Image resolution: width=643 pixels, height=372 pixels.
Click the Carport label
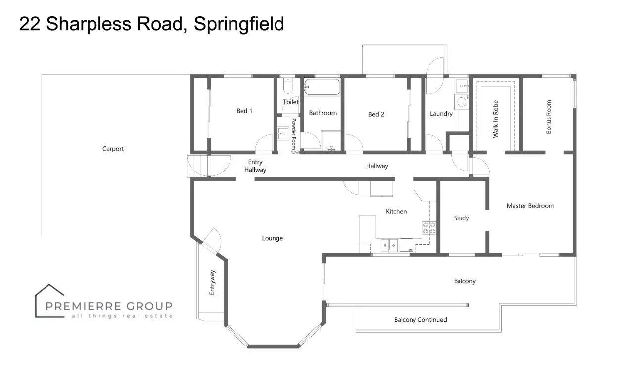pyautogui.click(x=113, y=149)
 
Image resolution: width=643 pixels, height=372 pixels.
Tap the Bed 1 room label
pyautogui.click(x=244, y=111)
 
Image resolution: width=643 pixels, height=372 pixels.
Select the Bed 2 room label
pyautogui.click(x=376, y=115)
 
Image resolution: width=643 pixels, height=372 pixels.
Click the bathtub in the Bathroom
pyautogui.click(x=322, y=87)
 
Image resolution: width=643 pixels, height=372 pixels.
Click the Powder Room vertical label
pyautogui.click(x=294, y=134)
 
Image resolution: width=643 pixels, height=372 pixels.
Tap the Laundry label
pyautogui.click(x=441, y=114)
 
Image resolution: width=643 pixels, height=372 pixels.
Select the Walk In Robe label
pyautogui.click(x=495, y=119)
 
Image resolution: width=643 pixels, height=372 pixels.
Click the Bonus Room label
pyautogui.click(x=549, y=117)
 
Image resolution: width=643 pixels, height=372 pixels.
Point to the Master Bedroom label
pyautogui.click(x=530, y=206)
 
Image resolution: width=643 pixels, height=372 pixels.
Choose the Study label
pyautogui.click(x=461, y=218)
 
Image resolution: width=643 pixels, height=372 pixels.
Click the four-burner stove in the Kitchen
pyautogui.click(x=429, y=228)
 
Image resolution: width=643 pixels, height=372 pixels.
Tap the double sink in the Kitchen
pyautogui.click(x=388, y=245)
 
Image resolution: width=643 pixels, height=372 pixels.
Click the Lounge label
pyautogui.click(x=272, y=238)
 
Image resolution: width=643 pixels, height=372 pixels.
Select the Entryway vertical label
pyautogui.click(x=212, y=282)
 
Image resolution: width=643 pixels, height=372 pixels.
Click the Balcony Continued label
pyautogui.click(x=420, y=320)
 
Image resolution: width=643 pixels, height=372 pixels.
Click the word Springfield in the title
pyautogui.click(x=239, y=24)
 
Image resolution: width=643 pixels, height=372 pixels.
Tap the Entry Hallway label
pyautogui.click(x=255, y=166)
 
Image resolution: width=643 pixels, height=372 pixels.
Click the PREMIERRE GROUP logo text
pyautogui.click(x=109, y=306)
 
